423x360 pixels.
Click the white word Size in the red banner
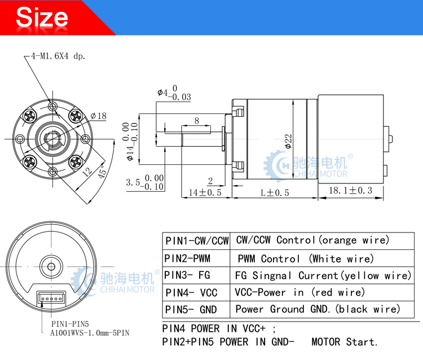click(x=42, y=17)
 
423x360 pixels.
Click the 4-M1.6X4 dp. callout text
click(x=58, y=56)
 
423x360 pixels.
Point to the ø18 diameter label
click(x=99, y=116)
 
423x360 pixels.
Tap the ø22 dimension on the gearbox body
click(x=288, y=141)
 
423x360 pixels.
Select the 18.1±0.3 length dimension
click(x=350, y=190)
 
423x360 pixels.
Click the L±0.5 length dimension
click(x=275, y=192)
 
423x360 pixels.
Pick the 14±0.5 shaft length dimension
click(x=205, y=192)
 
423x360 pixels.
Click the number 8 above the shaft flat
click(x=197, y=120)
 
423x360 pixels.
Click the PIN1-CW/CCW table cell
click(x=196, y=241)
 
